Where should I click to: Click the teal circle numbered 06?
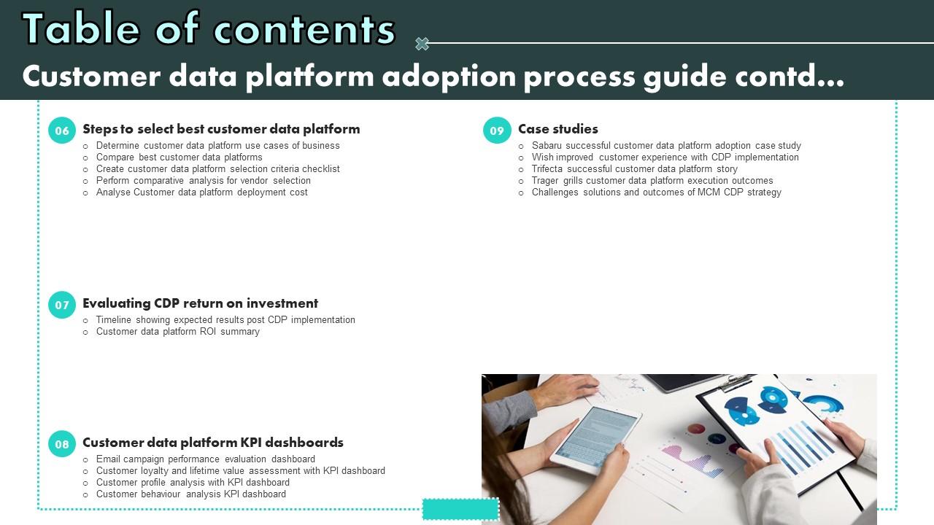tap(62, 131)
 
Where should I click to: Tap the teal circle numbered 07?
tap(62, 305)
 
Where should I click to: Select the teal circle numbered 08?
tap(62, 444)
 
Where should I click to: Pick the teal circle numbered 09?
tap(497, 131)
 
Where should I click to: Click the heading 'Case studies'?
tap(558, 129)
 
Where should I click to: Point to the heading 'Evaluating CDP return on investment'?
tap(200, 303)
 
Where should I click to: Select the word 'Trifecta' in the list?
tap(547, 168)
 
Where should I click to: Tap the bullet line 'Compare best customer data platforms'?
tap(180, 157)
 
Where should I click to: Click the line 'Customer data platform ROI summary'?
tap(177, 331)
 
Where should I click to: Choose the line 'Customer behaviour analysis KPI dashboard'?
tap(191, 494)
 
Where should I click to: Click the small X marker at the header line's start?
tap(422, 43)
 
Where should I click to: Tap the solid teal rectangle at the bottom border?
tap(460, 509)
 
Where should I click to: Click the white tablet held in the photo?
tap(595, 440)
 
